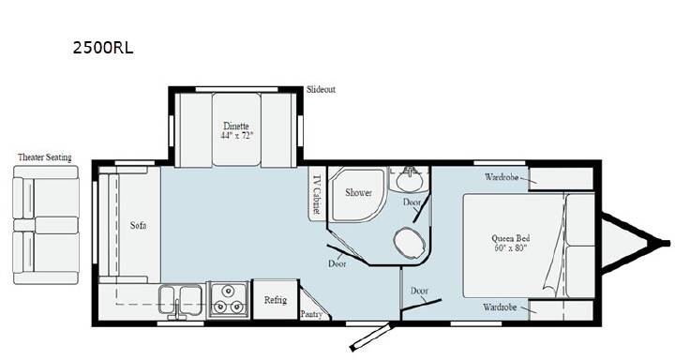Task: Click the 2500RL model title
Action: tap(103, 48)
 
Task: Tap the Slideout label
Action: tap(321, 90)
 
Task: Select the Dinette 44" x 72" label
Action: tap(236, 130)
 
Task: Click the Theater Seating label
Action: tap(45, 157)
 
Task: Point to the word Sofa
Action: tap(138, 225)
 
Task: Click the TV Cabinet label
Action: tap(317, 194)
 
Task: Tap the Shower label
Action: tap(358, 192)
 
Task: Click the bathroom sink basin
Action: tap(410, 180)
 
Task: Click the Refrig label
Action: tap(275, 300)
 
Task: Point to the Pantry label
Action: tap(311, 314)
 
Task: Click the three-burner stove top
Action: tap(228, 300)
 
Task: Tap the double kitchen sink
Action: tap(180, 300)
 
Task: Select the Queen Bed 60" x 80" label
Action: tap(511, 243)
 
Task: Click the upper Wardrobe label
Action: tap(502, 177)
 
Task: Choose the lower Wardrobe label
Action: tap(500, 307)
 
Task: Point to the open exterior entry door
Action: tap(372, 336)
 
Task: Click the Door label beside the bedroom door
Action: tap(419, 291)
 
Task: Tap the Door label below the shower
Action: tap(337, 263)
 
